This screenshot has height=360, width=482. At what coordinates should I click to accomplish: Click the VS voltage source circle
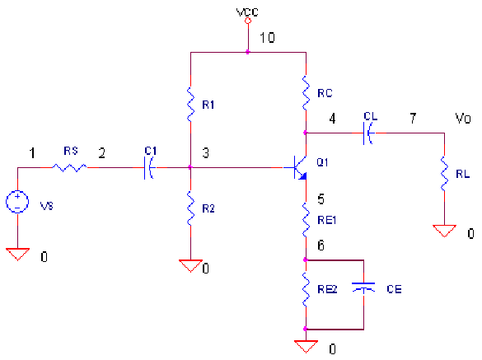[17, 202]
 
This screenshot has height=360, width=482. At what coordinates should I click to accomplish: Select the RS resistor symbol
[69, 167]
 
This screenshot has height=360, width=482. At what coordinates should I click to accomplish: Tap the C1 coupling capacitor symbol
[149, 167]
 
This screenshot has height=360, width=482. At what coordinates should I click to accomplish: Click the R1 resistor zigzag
[190, 105]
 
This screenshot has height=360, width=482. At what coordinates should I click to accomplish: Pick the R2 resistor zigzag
[190, 208]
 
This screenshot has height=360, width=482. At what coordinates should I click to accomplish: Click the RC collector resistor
[306, 93]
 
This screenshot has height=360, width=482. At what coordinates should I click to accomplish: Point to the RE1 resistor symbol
[306, 220]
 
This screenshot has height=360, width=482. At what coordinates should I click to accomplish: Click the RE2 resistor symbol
[306, 289]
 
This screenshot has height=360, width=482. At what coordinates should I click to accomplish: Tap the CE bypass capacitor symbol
[363, 288]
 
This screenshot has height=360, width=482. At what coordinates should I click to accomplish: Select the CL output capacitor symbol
[368, 133]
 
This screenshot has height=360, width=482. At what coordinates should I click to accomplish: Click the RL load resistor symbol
[444, 174]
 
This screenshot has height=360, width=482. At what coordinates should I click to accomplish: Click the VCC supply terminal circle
[248, 21]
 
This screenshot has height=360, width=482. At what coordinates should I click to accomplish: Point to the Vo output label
[462, 119]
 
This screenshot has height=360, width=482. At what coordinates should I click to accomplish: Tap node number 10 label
[267, 38]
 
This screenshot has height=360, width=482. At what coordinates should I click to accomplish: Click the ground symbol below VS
[17, 255]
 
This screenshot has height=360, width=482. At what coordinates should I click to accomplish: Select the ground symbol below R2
[190, 266]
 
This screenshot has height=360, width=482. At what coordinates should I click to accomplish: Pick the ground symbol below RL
[444, 231]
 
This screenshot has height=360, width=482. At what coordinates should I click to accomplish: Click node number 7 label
[413, 118]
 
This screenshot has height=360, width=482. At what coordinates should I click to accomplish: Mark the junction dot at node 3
[190, 167]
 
